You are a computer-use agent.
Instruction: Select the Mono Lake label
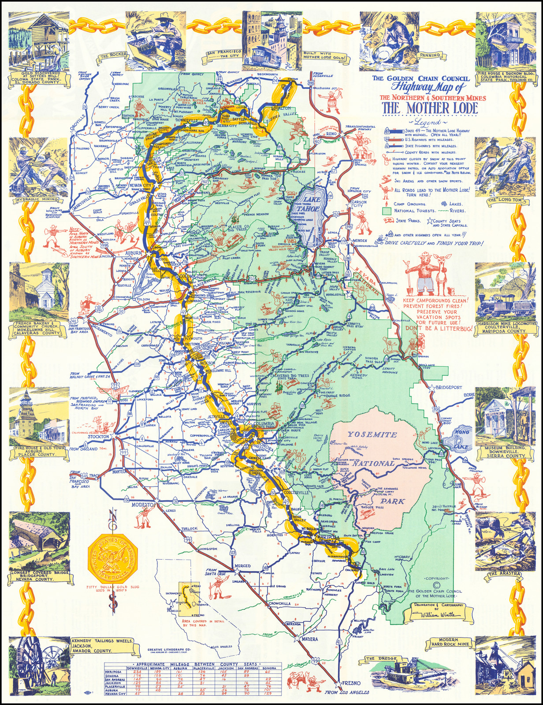click(461, 439)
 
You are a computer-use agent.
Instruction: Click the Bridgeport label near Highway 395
click(448, 387)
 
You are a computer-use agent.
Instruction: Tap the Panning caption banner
click(430, 55)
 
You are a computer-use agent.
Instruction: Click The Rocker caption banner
click(113, 56)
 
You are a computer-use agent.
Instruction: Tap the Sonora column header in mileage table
click(269, 668)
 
